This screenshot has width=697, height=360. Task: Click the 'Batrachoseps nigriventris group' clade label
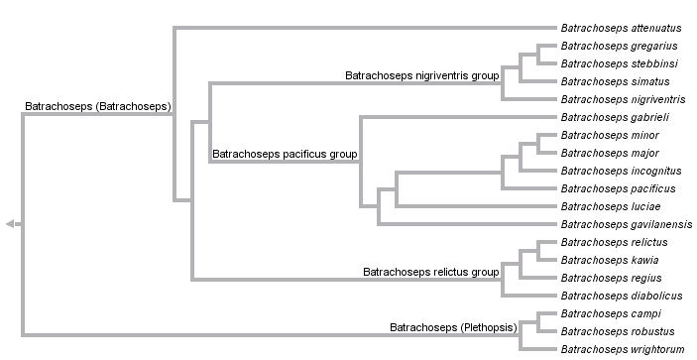[421, 75]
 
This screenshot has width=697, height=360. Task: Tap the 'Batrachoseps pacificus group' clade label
[285, 156]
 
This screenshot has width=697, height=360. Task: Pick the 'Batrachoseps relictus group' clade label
[430, 272]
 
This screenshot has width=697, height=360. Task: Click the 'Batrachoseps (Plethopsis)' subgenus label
[456, 326]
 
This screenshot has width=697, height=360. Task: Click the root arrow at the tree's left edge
[10, 224]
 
